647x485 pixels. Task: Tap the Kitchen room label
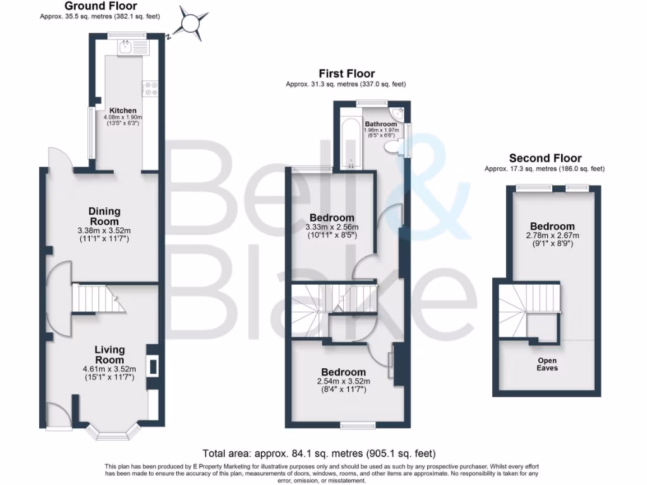(122, 111)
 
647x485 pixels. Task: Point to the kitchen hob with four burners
(150, 89)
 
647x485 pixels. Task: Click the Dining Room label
(104, 217)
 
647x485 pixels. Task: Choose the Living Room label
(109, 354)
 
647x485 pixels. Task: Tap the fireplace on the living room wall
(152, 366)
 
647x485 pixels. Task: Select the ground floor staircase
(97, 298)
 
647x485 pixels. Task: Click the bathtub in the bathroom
(349, 139)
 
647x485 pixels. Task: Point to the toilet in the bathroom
(392, 147)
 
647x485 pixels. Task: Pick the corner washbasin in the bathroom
(398, 114)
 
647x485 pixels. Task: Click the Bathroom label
(381, 124)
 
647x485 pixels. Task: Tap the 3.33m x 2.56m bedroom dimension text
(332, 227)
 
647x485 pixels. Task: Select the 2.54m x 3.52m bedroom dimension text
(343, 381)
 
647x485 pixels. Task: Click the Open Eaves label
(547, 364)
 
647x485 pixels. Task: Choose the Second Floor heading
(545, 158)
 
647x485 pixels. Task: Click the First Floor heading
(346, 74)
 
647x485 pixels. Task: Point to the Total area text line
(319, 453)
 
